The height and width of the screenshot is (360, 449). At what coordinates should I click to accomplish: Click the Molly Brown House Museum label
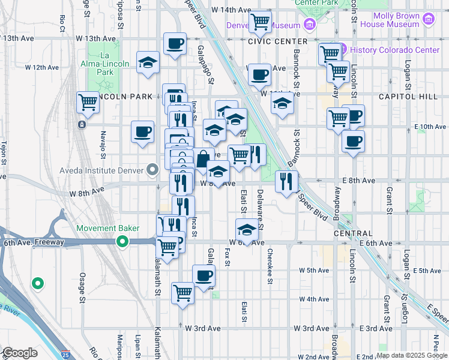pyautogui.click(x=396, y=20)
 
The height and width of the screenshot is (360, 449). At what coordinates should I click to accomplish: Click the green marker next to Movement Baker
pyautogui.click(x=122, y=242)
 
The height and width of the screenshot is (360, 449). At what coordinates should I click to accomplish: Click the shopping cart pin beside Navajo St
pyautogui.click(x=88, y=102)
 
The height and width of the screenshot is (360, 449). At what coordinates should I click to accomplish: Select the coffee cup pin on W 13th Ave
pyautogui.click(x=175, y=43)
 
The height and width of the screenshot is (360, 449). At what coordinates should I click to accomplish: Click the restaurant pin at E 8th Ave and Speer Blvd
pyautogui.click(x=286, y=180)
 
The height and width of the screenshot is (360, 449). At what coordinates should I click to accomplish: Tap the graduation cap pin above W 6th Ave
pyautogui.click(x=246, y=229)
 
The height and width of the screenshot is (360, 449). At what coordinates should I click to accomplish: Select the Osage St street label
pyautogui.click(x=83, y=284)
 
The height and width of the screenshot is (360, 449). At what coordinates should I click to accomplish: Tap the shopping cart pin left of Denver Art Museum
pyautogui.click(x=260, y=23)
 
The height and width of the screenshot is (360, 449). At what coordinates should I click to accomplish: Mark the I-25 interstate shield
pyautogui.click(x=65, y=355)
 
